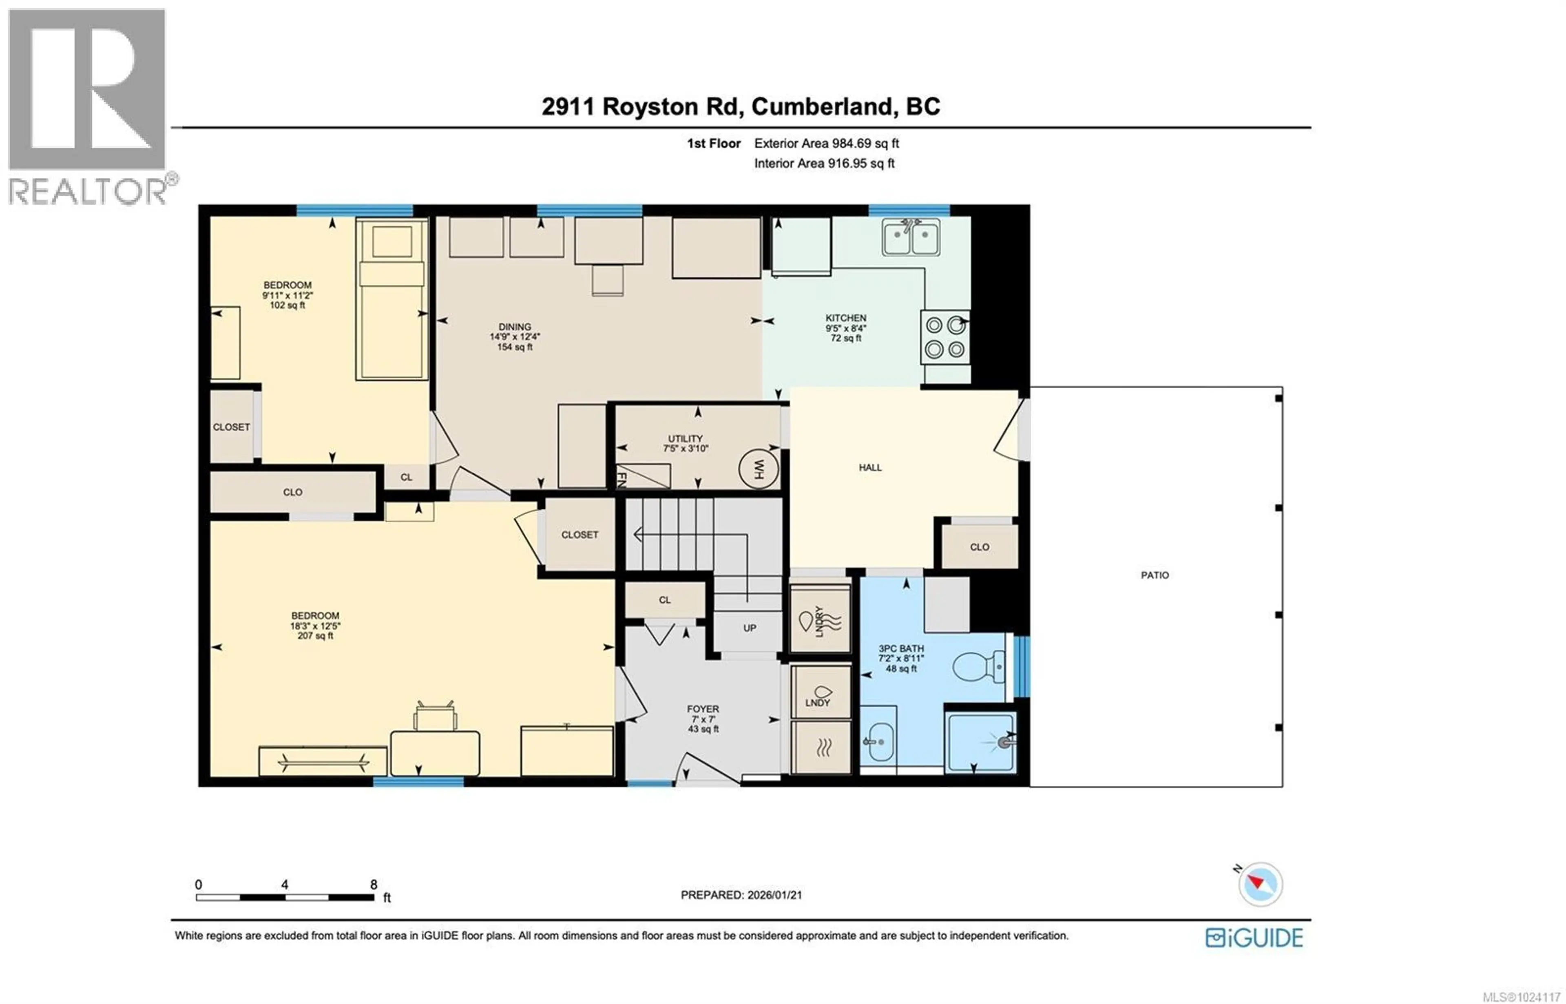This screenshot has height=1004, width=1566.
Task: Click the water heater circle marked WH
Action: click(758, 469)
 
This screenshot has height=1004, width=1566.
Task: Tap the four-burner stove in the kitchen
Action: click(944, 336)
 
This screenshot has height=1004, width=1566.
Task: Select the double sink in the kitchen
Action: click(911, 237)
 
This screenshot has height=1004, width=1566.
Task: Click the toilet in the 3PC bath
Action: click(979, 667)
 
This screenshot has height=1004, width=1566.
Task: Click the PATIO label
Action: click(1154, 575)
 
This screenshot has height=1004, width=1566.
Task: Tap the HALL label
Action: click(870, 467)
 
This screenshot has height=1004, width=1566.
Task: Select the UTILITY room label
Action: click(685, 439)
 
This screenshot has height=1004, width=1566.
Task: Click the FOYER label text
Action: click(702, 709)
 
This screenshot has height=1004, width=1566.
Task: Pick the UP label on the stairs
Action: click(749, 628)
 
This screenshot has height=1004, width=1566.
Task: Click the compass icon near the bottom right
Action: click(1260, 885)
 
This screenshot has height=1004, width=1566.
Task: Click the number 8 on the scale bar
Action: click(374, 885)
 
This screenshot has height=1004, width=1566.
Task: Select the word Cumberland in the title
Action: click(821, 106)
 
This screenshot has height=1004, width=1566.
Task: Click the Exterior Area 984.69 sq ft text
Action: click(826, 144)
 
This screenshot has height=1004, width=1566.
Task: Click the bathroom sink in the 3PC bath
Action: click(878, 741)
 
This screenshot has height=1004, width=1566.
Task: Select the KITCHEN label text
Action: click(845, 318)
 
